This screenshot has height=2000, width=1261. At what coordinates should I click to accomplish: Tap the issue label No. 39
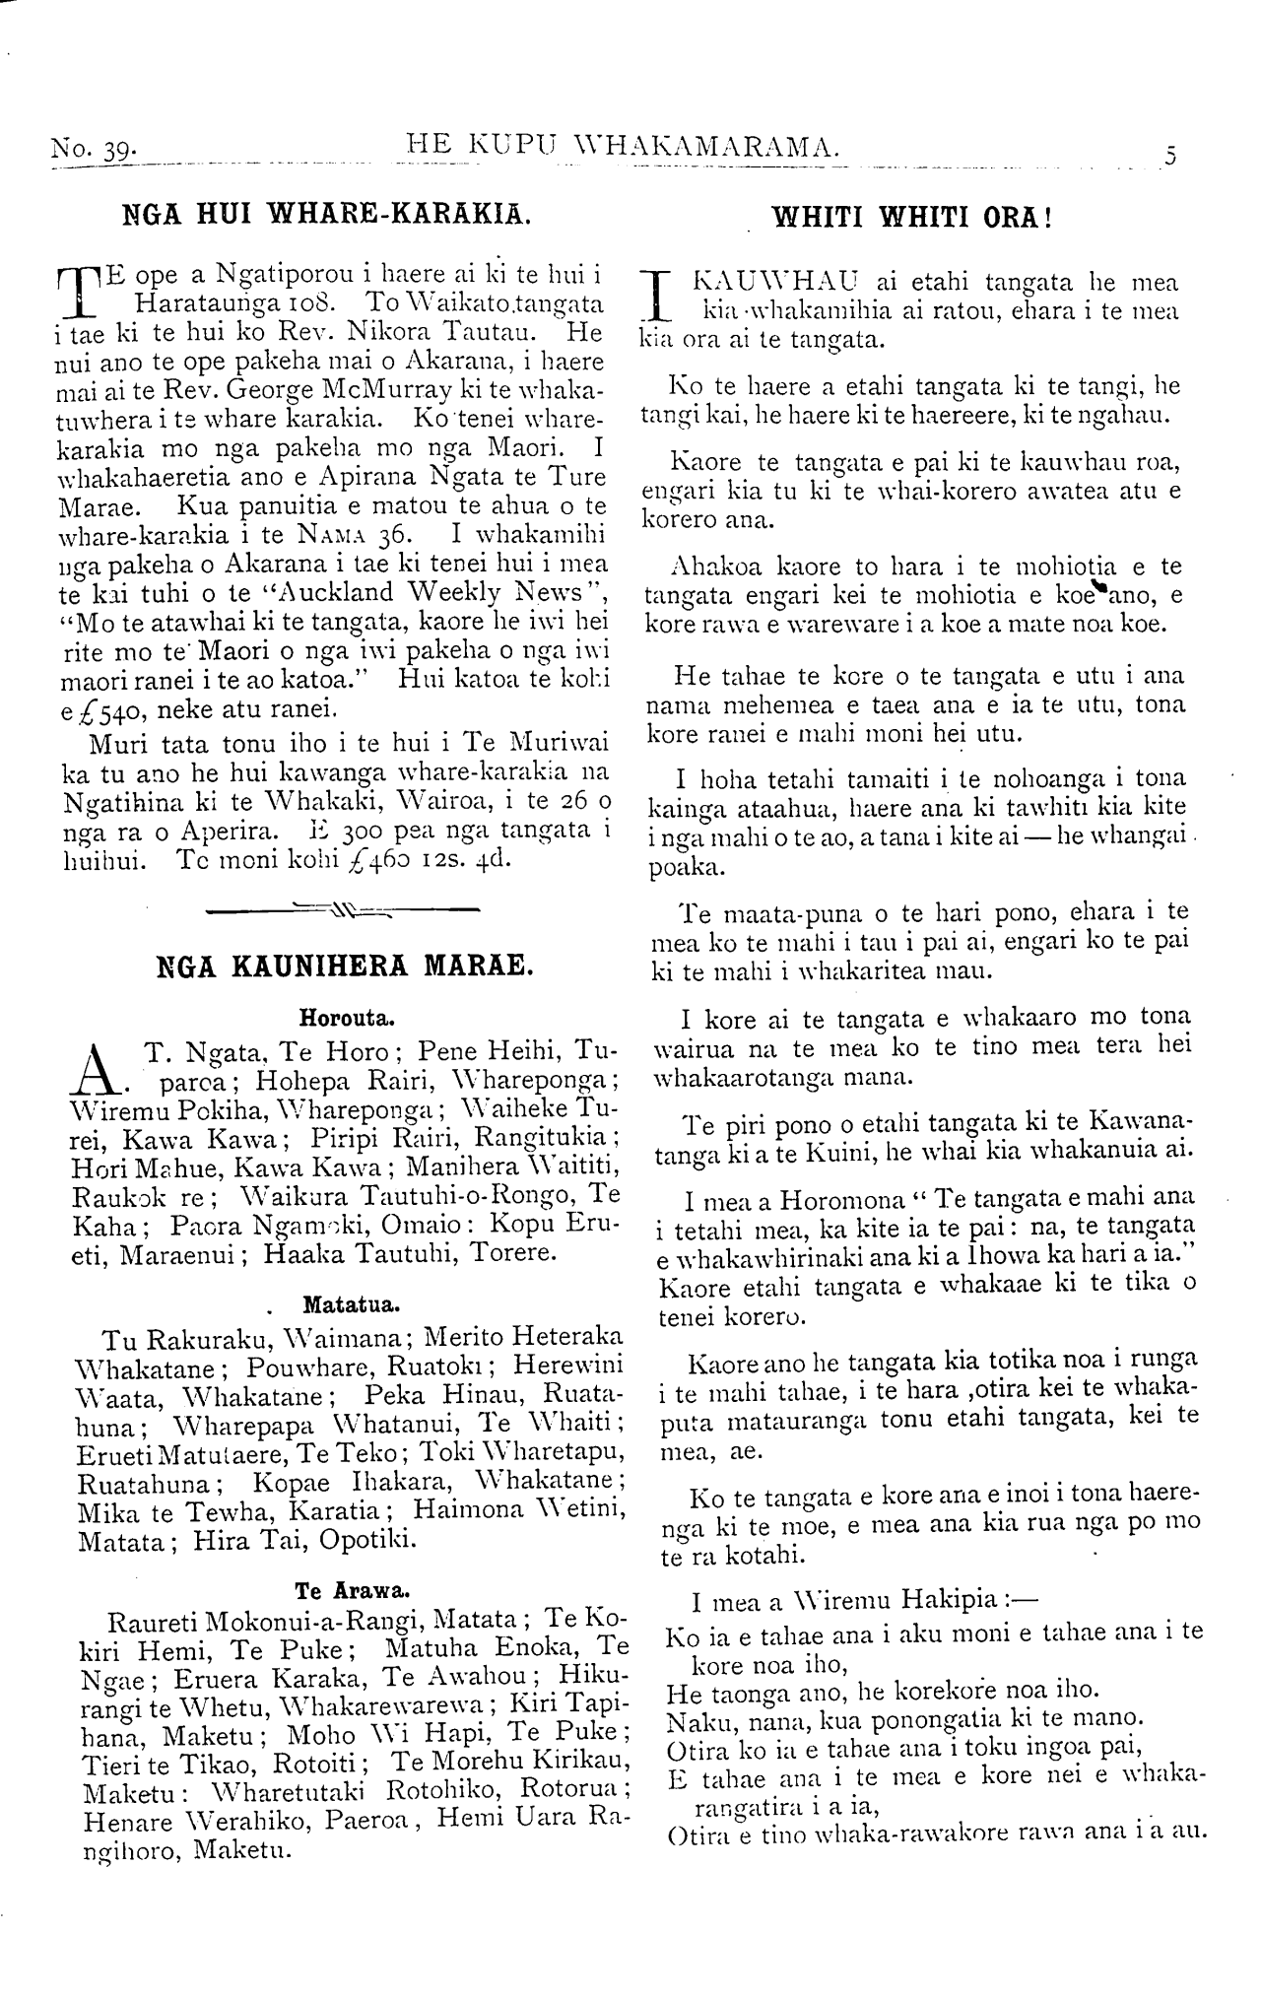(94, 151)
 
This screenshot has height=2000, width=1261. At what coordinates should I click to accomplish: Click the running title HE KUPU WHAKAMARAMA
(623, 147)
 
